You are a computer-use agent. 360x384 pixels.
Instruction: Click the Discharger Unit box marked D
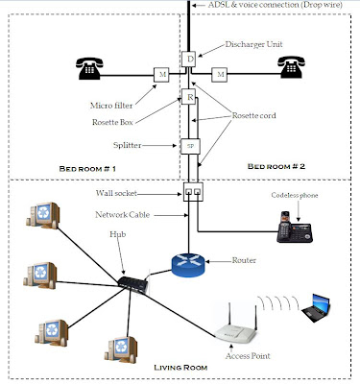[x=190, y=59]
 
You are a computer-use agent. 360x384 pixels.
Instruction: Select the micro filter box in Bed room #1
[x=162, y=73]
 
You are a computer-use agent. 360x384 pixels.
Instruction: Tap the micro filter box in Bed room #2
[x=220, y=73]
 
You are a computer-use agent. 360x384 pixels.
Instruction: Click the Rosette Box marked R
[x=190, y=98]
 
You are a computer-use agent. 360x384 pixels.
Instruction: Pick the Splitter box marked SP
[x=190, y=146]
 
